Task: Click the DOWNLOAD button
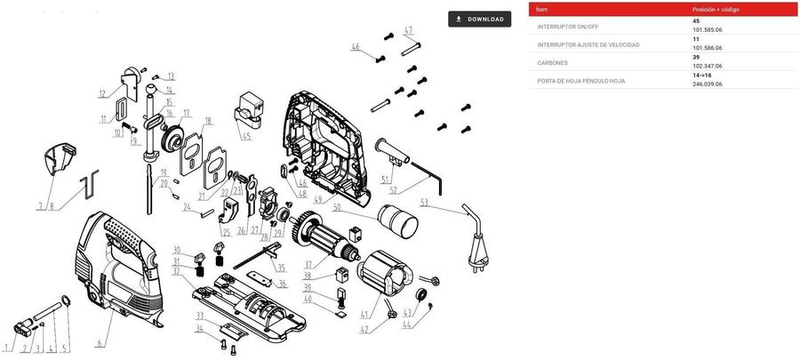[480, 19]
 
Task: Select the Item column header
[542, 9]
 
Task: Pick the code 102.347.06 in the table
[708, 66]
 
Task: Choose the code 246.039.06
[708, 84]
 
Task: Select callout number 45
[246, 136]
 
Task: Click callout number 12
[103, 93]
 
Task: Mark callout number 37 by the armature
[308, 264]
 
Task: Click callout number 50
[337, 208]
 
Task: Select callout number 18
[207, 121]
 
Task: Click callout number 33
[200, 316]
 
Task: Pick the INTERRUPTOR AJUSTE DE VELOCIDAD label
[588, 44]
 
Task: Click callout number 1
[8, 348]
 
